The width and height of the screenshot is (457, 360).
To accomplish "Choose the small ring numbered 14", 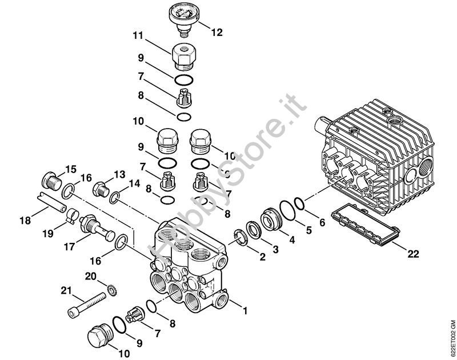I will pos(115,197).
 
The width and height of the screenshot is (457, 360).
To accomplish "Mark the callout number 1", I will pos(245,311).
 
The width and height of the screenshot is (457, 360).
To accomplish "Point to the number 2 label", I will pos(262,257).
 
